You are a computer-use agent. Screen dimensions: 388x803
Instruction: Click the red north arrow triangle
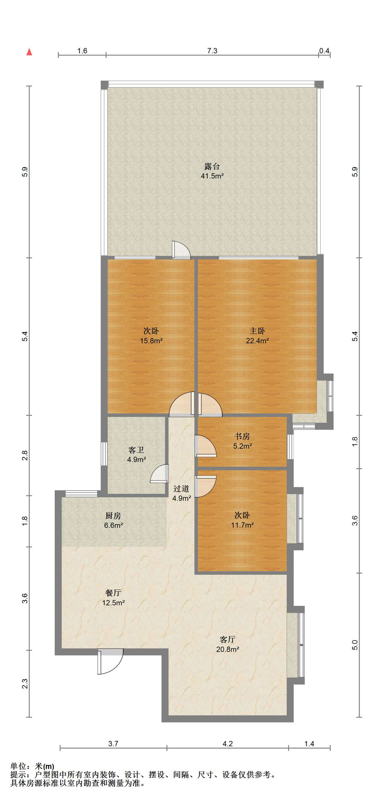[x=29, y=52]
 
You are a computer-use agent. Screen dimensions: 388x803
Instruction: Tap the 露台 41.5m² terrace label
[x=212, y=171]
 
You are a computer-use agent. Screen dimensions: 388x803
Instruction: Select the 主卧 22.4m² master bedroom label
[x=257, y=336]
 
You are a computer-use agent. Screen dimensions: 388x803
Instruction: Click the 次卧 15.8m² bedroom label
[x=151, y=336]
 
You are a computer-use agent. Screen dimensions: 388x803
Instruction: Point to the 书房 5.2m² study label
[x=242, y=441]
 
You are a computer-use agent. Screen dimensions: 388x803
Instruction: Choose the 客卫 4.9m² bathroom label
[x=136, y=455]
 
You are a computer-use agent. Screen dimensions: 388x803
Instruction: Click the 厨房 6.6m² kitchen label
[x=113, y=521]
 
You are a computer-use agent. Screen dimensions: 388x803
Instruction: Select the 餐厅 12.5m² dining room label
[x=113, y=598]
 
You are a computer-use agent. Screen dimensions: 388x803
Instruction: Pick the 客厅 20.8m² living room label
[x=227, y=644]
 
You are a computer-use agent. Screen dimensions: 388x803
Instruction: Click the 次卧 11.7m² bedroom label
[x=242, y=520]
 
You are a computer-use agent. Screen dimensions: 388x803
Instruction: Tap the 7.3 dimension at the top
[x=212, y=51]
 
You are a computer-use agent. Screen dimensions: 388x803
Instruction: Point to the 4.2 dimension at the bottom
[x=227, y=744]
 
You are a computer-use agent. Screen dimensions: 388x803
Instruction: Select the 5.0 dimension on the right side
[x=355, y=645]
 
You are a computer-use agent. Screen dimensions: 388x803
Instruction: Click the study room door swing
[x=206, y=446]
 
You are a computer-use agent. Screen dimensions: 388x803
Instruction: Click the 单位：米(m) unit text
[x=32, y=767]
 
